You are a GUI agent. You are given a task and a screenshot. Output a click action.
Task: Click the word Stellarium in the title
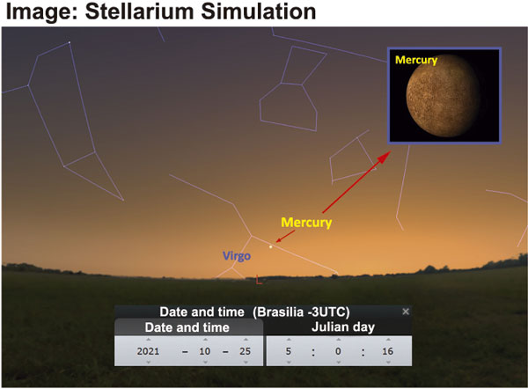(140, 11)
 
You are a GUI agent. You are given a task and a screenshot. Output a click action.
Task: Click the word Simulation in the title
(258, 11)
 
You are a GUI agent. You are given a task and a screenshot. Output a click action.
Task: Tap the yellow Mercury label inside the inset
(416, 60)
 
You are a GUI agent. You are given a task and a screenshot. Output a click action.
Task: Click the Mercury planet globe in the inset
(444, 96)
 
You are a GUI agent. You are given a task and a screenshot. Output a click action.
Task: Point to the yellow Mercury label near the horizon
(306, 223)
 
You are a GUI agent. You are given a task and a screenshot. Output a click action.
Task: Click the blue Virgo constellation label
(237, 255)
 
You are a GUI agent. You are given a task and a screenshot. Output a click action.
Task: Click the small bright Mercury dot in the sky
(270, 247)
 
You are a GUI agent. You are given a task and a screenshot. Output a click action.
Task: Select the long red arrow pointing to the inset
(356, 182)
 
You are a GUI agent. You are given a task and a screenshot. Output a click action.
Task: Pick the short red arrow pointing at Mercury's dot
(285, 237)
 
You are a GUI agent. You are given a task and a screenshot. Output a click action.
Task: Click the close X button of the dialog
(406, 312)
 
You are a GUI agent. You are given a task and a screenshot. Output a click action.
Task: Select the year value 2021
(148, 351)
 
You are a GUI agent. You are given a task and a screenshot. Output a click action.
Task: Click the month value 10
(205, 351)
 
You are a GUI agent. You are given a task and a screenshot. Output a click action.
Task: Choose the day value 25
(246, 351)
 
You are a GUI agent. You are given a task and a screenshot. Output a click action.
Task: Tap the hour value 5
(289, 351)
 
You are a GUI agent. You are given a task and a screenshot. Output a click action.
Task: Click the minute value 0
(338, 351)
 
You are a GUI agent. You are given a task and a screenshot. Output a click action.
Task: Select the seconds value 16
(387, 351)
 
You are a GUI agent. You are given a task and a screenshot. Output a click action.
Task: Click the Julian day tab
(343, 327)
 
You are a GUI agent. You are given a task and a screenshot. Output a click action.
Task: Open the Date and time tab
(187, 327)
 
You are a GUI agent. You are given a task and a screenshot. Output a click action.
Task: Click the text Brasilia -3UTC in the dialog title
(301, 312)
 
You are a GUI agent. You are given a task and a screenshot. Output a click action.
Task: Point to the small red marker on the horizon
(259, 280)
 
